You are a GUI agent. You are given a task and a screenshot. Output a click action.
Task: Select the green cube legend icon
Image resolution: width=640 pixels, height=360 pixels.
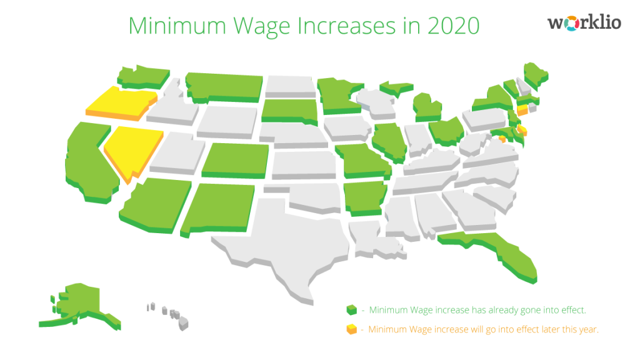pos(352,309)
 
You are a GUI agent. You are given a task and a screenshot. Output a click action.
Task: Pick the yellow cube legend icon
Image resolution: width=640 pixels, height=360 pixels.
pos(352,329)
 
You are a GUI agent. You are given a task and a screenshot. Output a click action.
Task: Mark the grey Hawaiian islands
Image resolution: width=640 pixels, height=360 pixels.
pos(169,312)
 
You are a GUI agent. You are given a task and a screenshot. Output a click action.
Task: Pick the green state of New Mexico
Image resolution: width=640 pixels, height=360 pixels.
pos(219,207)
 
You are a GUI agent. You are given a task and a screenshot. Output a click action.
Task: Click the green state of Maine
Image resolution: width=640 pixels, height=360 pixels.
pos(535,74)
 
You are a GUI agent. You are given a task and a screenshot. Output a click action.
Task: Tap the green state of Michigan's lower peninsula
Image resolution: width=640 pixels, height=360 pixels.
pos(428,106)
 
